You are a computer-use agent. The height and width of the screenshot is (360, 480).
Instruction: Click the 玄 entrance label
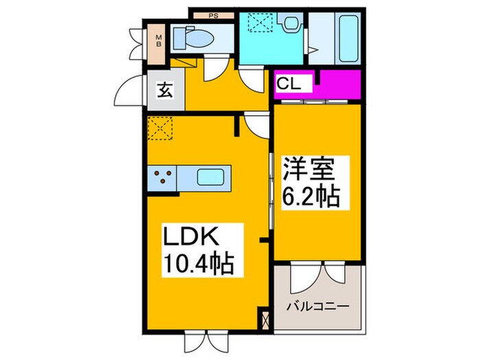165,88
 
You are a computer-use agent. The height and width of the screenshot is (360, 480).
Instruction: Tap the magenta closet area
336,84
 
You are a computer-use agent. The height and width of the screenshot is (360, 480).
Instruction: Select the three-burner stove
163,177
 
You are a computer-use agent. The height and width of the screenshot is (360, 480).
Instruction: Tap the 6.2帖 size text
310,196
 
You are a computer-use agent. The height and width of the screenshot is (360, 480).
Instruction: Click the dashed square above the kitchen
160,128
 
